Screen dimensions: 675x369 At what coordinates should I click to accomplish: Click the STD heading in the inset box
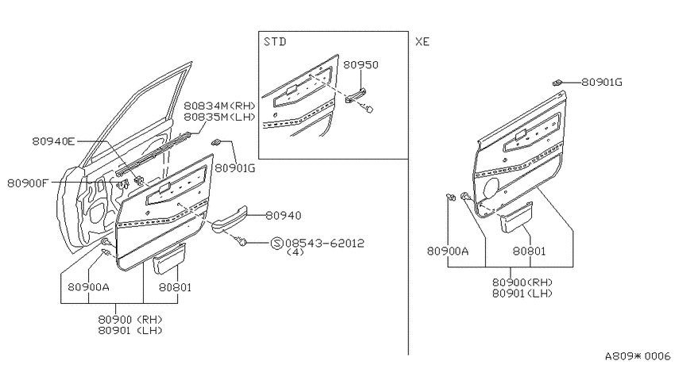pos(275,42)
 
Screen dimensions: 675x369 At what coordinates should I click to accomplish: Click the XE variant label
pos(422,42)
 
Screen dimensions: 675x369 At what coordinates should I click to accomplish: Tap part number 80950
pos(361,65)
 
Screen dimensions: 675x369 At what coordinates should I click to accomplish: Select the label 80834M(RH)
pos(219,106)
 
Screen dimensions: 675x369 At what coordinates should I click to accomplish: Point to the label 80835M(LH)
pos(219,117)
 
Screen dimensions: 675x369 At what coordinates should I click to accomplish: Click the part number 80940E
pos(53,141)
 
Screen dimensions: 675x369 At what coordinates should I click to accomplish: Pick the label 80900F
pos(28,183)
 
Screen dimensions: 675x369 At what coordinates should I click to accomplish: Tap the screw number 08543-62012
pos(325,243)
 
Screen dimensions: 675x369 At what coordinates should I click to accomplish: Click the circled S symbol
pos(277,244)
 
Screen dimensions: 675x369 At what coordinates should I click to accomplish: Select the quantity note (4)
pos(295,252)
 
